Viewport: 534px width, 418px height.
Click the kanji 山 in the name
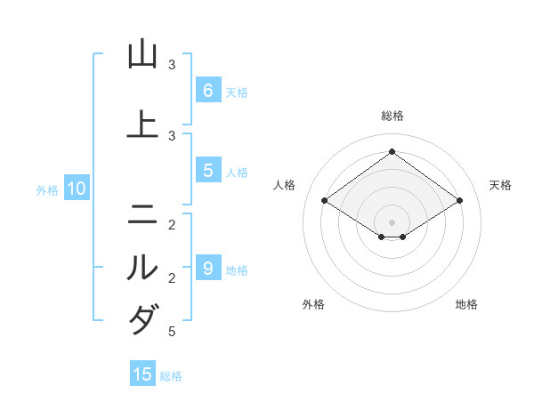[142, 55]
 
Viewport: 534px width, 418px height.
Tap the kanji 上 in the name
[142, 125]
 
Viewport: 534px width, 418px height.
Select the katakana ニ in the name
[142, 213]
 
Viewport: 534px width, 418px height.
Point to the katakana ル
[142, 268]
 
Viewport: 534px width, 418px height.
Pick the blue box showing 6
[207, 90]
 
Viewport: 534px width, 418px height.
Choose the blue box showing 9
[207, 268]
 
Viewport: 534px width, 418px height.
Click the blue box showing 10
[76, 189]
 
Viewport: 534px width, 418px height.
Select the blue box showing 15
[142, 374]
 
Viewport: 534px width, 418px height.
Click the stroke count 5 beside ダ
[171, 332]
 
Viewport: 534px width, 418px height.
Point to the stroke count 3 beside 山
[172, 65]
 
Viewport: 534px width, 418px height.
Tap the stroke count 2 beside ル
[171, 278]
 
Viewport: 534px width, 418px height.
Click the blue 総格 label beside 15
[171, 375]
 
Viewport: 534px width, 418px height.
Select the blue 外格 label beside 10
[47, 189]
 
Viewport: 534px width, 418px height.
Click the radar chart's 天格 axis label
[500, 185]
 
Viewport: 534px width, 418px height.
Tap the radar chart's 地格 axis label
[466, 304]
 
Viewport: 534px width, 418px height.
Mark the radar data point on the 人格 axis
[325, 201]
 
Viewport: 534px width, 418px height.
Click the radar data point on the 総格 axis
[392, 151]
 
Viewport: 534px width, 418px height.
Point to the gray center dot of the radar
[392, 221]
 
